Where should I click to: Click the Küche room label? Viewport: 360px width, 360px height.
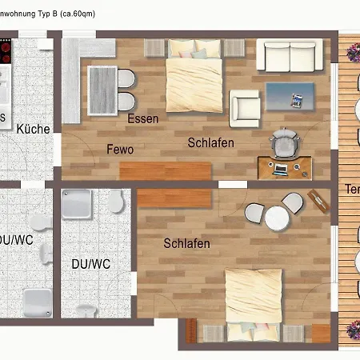point(33,129)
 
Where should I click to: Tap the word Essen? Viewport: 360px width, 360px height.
point(142,119)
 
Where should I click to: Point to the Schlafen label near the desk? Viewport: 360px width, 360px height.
point(210,143)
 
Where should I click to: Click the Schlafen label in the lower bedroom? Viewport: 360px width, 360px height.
point(186,243)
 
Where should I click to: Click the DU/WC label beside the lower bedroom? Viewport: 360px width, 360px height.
point(90,263)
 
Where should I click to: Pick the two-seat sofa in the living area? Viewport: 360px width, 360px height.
point(289,55)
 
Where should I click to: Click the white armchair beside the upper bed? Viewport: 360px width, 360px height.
point(244,108)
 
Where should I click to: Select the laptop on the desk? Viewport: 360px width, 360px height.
point(281,169)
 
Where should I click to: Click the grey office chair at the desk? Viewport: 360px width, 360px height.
point(284,144)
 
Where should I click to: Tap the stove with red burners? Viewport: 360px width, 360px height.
point(3,52)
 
